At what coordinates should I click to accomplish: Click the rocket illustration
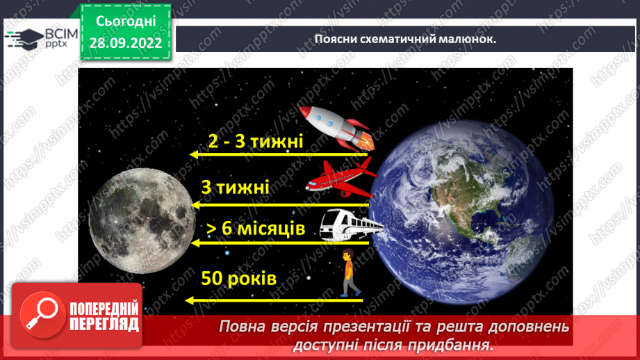(x=338, y=126)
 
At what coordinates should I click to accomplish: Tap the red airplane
(x=341, y=177)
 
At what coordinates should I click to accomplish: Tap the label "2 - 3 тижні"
(x=256, y=142)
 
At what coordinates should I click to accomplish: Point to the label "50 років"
(x=239, y=279)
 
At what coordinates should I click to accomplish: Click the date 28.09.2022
(x=126, y=43)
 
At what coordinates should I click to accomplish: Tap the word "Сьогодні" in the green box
(x=126, y=23)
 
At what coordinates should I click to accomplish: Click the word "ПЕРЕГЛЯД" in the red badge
(x=105, y=325)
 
